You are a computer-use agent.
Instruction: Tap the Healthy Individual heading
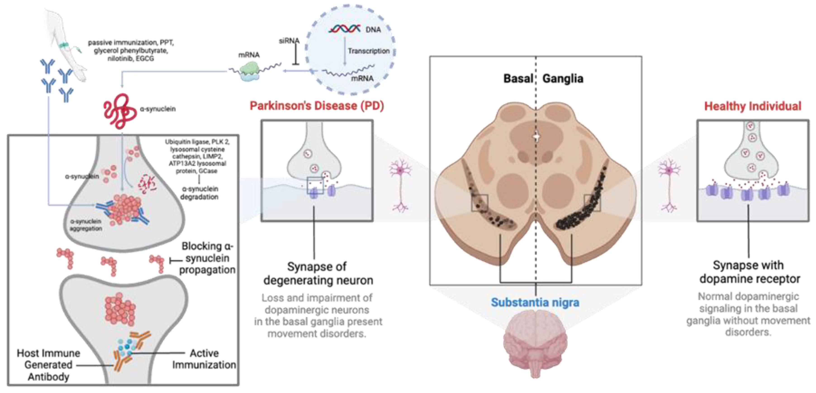[752, 106]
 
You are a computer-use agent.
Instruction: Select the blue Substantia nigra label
[535, 302]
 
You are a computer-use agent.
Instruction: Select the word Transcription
[368, 51]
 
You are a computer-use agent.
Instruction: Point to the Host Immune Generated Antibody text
[48, 365]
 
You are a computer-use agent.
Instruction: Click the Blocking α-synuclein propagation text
[207, 258]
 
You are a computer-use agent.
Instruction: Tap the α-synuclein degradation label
[199, 193]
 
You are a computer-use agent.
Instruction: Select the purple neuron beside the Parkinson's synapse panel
[400, 186]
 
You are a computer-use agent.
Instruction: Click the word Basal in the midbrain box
[518, 78]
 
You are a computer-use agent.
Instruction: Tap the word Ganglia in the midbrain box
[563, 78]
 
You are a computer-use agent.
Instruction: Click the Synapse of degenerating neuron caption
[318, 273]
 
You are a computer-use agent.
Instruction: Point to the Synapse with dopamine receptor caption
[750, 272]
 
